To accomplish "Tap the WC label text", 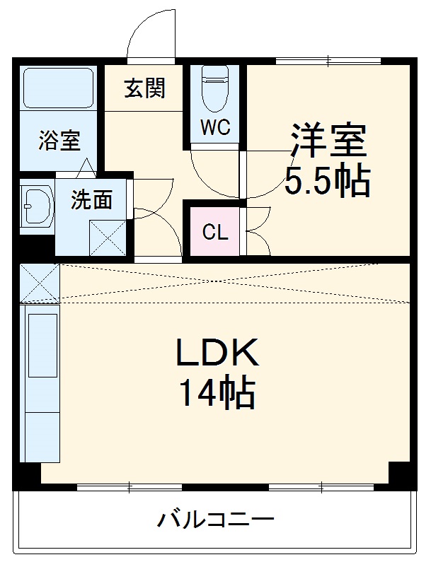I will click(214, 128).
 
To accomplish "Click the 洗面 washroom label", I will click(91, 201).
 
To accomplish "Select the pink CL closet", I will click(214, 231).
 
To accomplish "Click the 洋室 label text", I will click(328, 141).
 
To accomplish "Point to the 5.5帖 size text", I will click(327, 182).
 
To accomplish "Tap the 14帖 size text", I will click(217, 393).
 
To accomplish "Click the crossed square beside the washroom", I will click(108, 238).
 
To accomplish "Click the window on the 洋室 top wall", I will click(328, 59).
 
